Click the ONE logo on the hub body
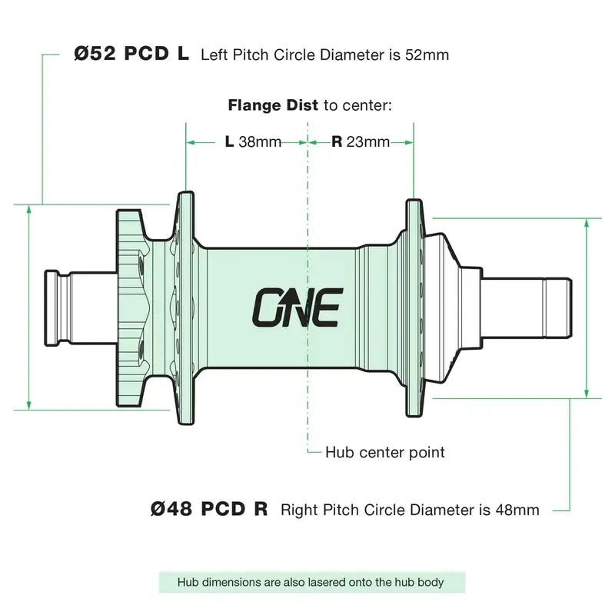[x=298, y=307]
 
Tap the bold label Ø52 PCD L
[x=131, y=54]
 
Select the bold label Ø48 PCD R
[x=209, y=509]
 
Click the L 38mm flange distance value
[x=253, y=141]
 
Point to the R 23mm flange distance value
[x=361, y=141]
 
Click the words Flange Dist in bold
[x=273, y=105]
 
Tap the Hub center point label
[x=385, y=452]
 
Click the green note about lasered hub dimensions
[x=312, y=582]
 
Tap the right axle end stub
[x=558, y=308]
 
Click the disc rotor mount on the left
[x=129, y=308]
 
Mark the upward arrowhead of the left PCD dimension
[x=28, y=210]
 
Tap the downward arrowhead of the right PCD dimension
[x=587, y=393]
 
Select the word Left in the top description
[x=214, y=55]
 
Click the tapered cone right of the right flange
[x=443, y=308]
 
